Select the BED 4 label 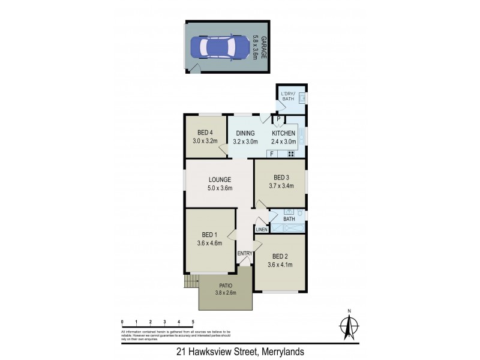205,133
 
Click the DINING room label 246,133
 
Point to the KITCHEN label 283,133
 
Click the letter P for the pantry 279,119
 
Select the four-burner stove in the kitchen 291,154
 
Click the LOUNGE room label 220,179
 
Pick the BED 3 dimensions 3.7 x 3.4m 281,186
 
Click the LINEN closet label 261,230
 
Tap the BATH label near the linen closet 289,219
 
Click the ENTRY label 245,253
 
